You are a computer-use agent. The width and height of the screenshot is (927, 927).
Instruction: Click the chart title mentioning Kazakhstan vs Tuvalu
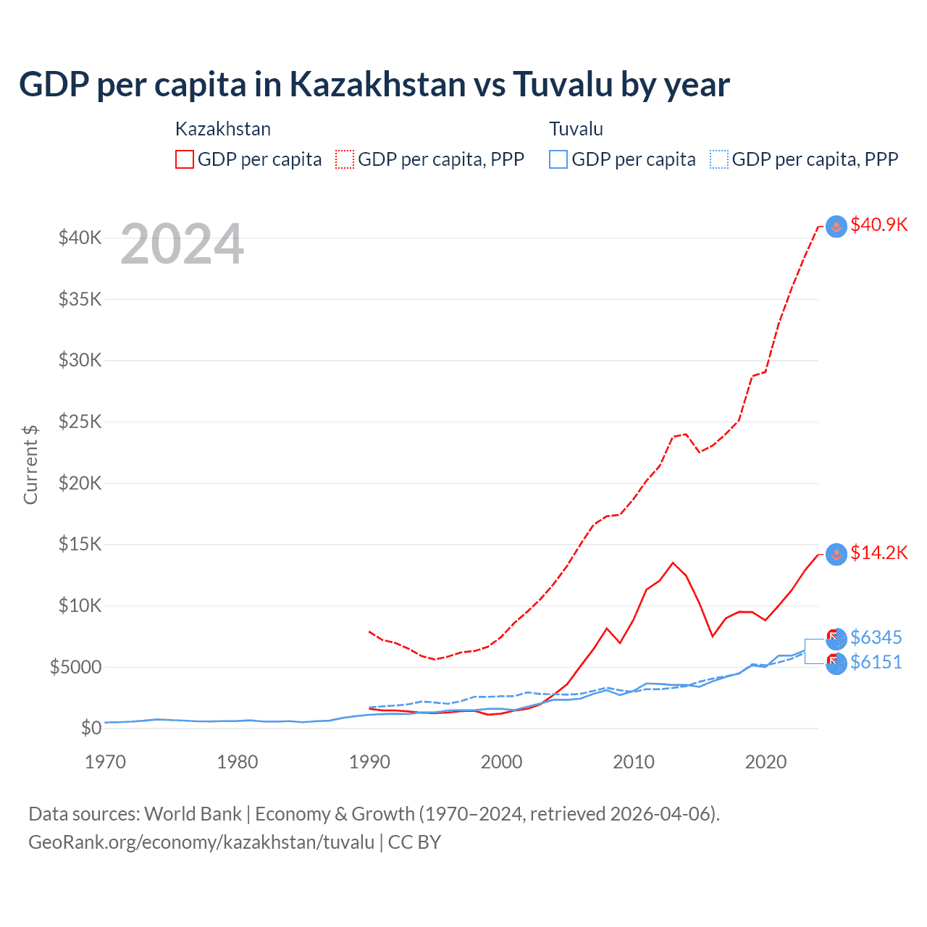pyautogui.click(x=374, y=85)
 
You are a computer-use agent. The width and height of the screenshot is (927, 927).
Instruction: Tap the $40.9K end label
pyautogui.click(x=878, y=225)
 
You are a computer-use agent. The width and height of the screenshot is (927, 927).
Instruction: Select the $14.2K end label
pyautogui.click(x=878, y=553)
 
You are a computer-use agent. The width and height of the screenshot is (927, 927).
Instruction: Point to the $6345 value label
pyautogui.click(x=876, y=638)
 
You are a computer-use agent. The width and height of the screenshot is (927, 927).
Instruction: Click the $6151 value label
pyautogui.click(x=876, y=663)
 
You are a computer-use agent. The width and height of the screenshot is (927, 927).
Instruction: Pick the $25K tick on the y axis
pyautogui.click(x=80, y=421)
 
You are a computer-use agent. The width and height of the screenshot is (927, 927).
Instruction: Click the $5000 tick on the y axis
pyautogui.click(x=75, y=667)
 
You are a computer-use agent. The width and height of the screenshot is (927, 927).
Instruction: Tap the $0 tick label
pyautogui.click(x=91, y=728)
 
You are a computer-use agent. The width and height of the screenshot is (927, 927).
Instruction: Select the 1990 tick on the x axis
pyautogui.click(x=369, y=762)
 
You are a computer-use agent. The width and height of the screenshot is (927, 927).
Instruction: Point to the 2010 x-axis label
pyautogui.click(x=634, y=762)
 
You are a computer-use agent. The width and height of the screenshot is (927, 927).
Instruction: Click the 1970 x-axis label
pyautogui.click(x=106, y=762)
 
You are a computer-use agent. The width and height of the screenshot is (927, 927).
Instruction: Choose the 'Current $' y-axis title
pyautogui.click(x=30, y=465)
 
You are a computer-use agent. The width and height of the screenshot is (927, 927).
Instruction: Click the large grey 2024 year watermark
pyautogui.click(x=182, y=245)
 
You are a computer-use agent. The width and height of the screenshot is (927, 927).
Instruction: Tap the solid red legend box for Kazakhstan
pyautogui.click(x=185, y=159)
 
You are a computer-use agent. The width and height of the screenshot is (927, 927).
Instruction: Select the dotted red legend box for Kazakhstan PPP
pyautogui.click(x=345, y=159)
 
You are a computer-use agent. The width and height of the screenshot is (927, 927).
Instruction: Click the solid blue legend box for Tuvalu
pyautogui.click(x=558, y=159)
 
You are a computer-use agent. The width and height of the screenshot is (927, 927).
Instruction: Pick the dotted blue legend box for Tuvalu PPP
pyautogui.click(x=718, y=159)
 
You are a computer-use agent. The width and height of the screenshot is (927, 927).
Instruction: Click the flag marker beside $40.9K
pyautogui.click(x=836, y=226)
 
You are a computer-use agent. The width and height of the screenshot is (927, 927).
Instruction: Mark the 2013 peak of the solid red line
pyautogui.click(x=673, y=563)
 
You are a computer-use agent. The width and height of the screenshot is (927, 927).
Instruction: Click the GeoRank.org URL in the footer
pyautogui.click(x=201, y=842)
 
